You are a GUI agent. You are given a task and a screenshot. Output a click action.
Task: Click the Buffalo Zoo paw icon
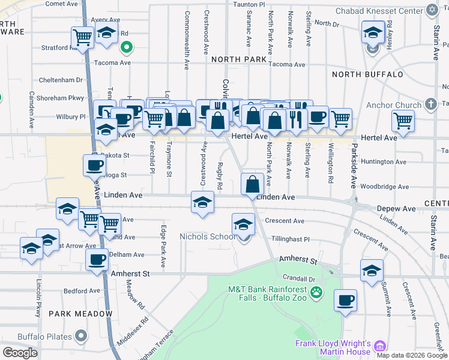pyautogui.click(x=316, y=293)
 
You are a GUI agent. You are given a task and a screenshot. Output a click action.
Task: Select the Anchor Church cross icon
pyautogui.click(x=430, y=105)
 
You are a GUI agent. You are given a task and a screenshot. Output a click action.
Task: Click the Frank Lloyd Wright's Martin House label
pyautogui.click(x=332, y=347)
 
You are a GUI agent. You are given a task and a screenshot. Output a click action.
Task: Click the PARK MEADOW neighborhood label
pyautogui.click(x=80, y=314)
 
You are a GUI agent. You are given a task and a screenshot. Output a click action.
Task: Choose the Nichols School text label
pyautogui.click(x=208, y=236)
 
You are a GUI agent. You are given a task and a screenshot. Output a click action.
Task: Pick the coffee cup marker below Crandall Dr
pyautogui.click(x=345, y=300)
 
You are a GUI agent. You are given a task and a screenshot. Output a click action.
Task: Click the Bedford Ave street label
pyautogui.click(x=80, y=291)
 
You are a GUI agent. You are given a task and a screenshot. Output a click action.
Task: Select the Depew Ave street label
pyautogui.click(x=396, y=209)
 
